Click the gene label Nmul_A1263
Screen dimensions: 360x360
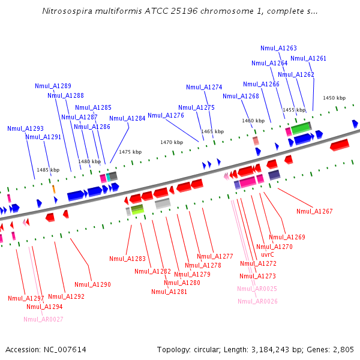(x=278, y=48)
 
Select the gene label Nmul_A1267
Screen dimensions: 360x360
(x=314, y=211)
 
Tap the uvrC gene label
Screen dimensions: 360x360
(x=268, y=254)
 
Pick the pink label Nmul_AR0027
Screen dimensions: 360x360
(x=43, y=319)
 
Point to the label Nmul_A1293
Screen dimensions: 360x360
(x=25, y=128)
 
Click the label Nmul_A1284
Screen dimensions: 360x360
(x=127, y=118)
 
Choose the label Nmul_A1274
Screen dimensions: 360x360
(x=204, y=87)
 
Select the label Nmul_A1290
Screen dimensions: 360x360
(x=92, y=284)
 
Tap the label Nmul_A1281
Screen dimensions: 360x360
(x=169, y=292)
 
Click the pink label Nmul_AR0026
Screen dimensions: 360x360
(x=257, y=301)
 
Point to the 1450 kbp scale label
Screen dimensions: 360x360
(x=334, y=98)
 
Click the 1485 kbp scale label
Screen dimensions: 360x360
(x=48, y=170)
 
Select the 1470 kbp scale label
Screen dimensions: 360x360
(x=171, y=142)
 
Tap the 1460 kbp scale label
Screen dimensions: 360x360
(x=253, y=121)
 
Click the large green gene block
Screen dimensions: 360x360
(x=301, y=127)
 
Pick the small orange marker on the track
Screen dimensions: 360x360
(x=53, y=189)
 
